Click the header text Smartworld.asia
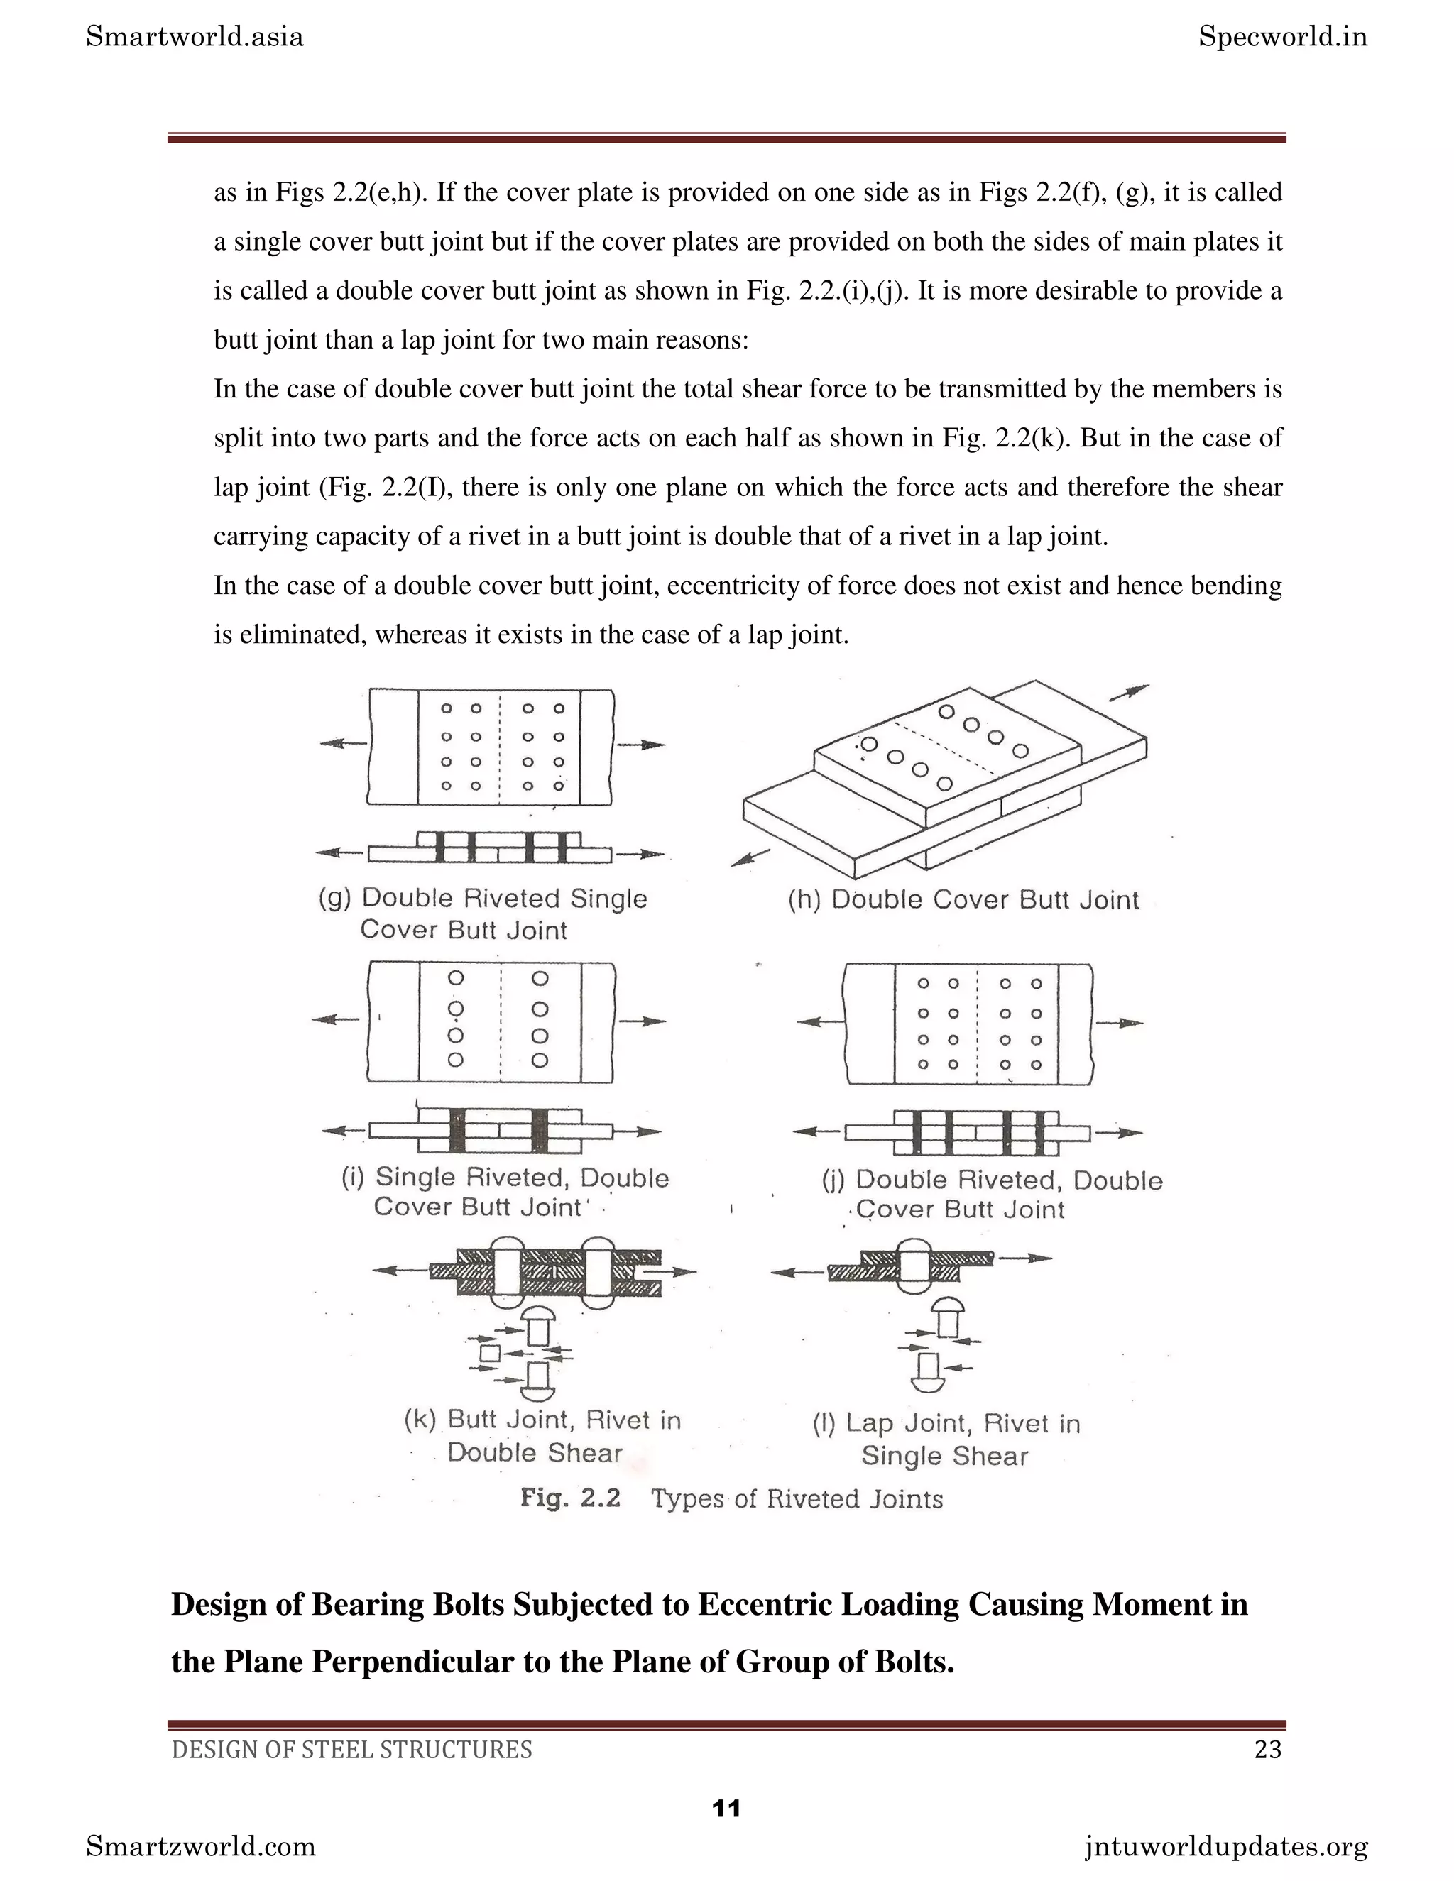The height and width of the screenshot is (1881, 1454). pos(195,37)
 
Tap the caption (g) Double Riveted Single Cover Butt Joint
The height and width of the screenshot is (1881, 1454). pos(482,914)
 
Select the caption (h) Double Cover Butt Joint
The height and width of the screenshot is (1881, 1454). pos(963,900)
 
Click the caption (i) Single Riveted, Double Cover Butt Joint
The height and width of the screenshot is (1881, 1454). pos(505,1192)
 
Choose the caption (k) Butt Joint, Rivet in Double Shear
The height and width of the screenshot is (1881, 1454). pos(542,1436)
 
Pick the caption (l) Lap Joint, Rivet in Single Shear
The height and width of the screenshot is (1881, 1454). pos(946,1439)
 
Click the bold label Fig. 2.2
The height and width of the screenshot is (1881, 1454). pos(569,1498)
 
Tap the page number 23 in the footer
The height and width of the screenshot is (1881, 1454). pos(1267,1749)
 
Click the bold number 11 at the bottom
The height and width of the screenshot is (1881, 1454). pos(727,1808)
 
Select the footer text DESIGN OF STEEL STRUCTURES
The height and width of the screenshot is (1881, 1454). pos(351,1749)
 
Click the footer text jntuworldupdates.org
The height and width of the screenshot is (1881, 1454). pos(1225,1846)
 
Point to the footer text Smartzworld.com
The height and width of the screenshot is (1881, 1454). pos(201,1846)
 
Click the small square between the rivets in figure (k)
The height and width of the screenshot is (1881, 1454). pos(490,1353)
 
